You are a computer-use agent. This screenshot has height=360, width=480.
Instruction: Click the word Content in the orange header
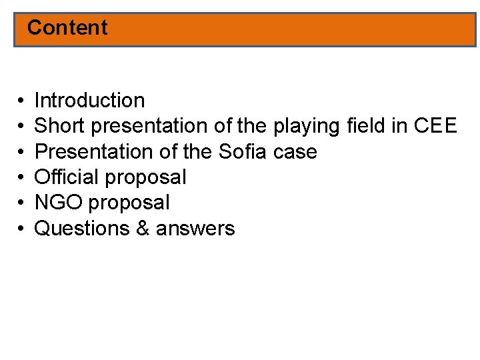pos(67,28)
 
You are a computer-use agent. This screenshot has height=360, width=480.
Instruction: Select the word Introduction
pos(89,101)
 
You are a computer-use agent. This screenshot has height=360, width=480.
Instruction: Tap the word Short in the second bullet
pos(55,126)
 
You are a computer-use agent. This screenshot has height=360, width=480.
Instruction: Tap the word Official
pos(67,177)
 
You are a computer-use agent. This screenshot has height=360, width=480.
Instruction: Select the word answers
pos(195,229)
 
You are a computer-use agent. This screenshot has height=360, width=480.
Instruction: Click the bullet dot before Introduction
pos(21,101)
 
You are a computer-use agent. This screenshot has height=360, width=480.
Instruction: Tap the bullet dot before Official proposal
pos(21,177)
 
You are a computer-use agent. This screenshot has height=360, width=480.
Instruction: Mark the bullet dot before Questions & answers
pos(21,229)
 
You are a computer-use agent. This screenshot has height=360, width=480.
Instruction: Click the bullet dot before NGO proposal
pos(21,203)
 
